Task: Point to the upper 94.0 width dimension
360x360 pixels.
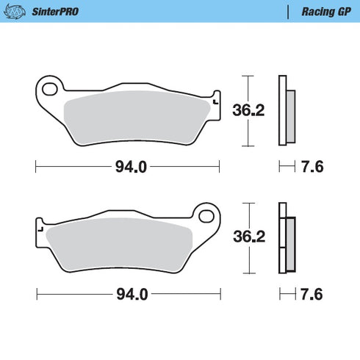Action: click(x=130, y=167)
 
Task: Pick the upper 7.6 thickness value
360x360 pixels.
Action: click(x=313, y=167)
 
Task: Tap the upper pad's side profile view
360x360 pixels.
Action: click(x=285, y=111)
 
